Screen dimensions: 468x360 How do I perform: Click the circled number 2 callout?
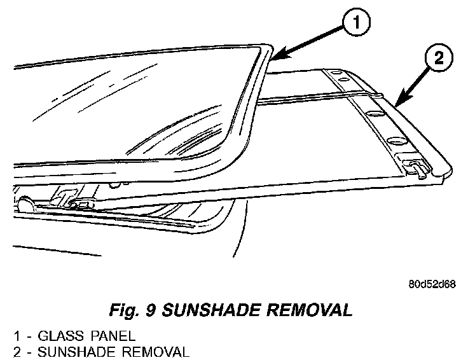(438, 59)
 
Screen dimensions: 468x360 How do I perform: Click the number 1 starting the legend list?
(19, 335)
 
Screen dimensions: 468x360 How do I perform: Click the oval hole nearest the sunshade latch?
(397, 140)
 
